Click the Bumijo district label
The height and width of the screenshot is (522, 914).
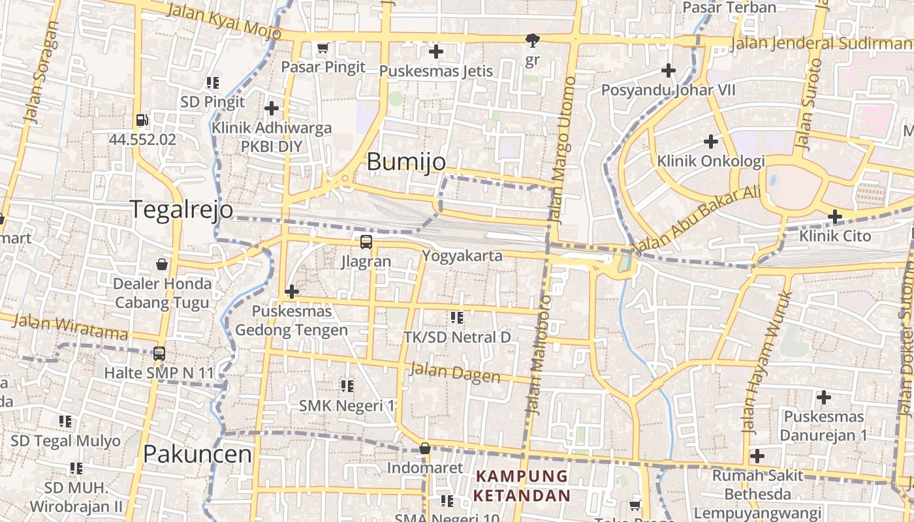pos(406,162)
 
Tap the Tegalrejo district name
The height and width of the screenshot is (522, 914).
pos(181,210)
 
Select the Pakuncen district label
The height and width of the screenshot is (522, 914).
pos(197,454)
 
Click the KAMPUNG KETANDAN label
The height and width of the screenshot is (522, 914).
pos(522,485)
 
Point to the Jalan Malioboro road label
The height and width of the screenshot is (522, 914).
pos(539,356)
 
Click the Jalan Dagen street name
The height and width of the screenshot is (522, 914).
pos(454,373)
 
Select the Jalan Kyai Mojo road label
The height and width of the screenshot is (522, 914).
pos(224,21)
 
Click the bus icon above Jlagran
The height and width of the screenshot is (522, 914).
pos(366,242)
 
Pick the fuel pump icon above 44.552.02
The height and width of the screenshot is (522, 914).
pos(142,120)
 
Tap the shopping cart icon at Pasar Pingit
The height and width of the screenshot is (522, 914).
pos(323,48)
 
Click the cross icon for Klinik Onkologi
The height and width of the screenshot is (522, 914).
pos(711,141)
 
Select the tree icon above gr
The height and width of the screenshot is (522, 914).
pos(533,40)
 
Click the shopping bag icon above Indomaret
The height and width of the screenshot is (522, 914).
pos(425,448)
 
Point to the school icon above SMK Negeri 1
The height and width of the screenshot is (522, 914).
pos(347,386)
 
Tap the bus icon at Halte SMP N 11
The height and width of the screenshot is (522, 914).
pos(159,354)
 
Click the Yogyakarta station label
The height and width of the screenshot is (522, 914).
pos(462,256)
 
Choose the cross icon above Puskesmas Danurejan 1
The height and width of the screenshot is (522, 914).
pos(824,397)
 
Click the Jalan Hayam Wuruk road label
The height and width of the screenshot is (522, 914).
pos(767,363)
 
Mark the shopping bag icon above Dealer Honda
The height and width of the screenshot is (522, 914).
pos(162,264)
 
